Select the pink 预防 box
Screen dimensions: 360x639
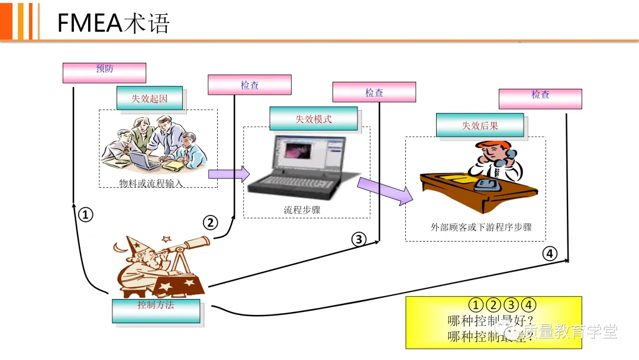coord(104,72)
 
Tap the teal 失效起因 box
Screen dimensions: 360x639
coord(149,98)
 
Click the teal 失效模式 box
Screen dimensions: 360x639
coord(313,118)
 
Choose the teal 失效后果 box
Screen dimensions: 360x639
coord(480,125)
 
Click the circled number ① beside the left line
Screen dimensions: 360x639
coord(86,215)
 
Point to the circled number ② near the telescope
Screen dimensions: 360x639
coord(211,223)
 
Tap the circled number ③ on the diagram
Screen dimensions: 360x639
coord(359,239)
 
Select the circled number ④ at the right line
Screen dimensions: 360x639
coord(550,253)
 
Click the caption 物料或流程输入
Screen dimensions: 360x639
coord(151,183)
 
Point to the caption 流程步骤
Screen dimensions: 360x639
coord(302,210)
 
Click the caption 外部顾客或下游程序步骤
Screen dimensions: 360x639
coord(481,227)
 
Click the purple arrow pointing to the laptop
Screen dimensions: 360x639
coord(228,173)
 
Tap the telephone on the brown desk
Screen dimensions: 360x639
coord(486,184)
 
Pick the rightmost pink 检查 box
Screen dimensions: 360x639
coord(540,98)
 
